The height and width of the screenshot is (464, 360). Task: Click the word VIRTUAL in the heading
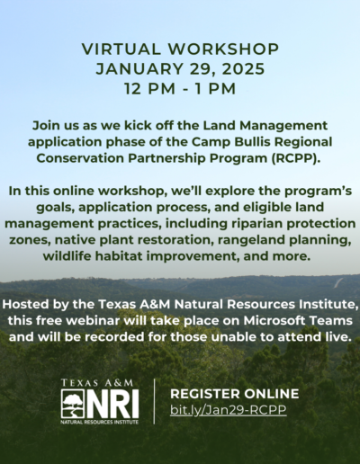[x=121, y=49]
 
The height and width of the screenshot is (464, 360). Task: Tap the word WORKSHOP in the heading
[x=223, y=49]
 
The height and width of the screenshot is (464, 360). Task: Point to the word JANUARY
[x=139, y=68]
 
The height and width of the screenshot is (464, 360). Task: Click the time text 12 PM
[x=149, y=89]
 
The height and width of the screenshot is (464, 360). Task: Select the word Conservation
[x=80, y=158]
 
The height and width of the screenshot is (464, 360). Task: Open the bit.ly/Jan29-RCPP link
[x=229, y=410]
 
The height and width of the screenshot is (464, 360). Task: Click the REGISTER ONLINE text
[x=235, y=394]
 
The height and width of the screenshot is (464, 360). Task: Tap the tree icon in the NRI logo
[x=73, y=404]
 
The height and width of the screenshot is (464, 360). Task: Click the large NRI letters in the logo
[x=112, y=404]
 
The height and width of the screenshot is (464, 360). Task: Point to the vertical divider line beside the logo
[x=154, y=401]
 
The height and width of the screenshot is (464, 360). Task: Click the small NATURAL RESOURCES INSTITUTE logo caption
[x=100, y=422]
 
